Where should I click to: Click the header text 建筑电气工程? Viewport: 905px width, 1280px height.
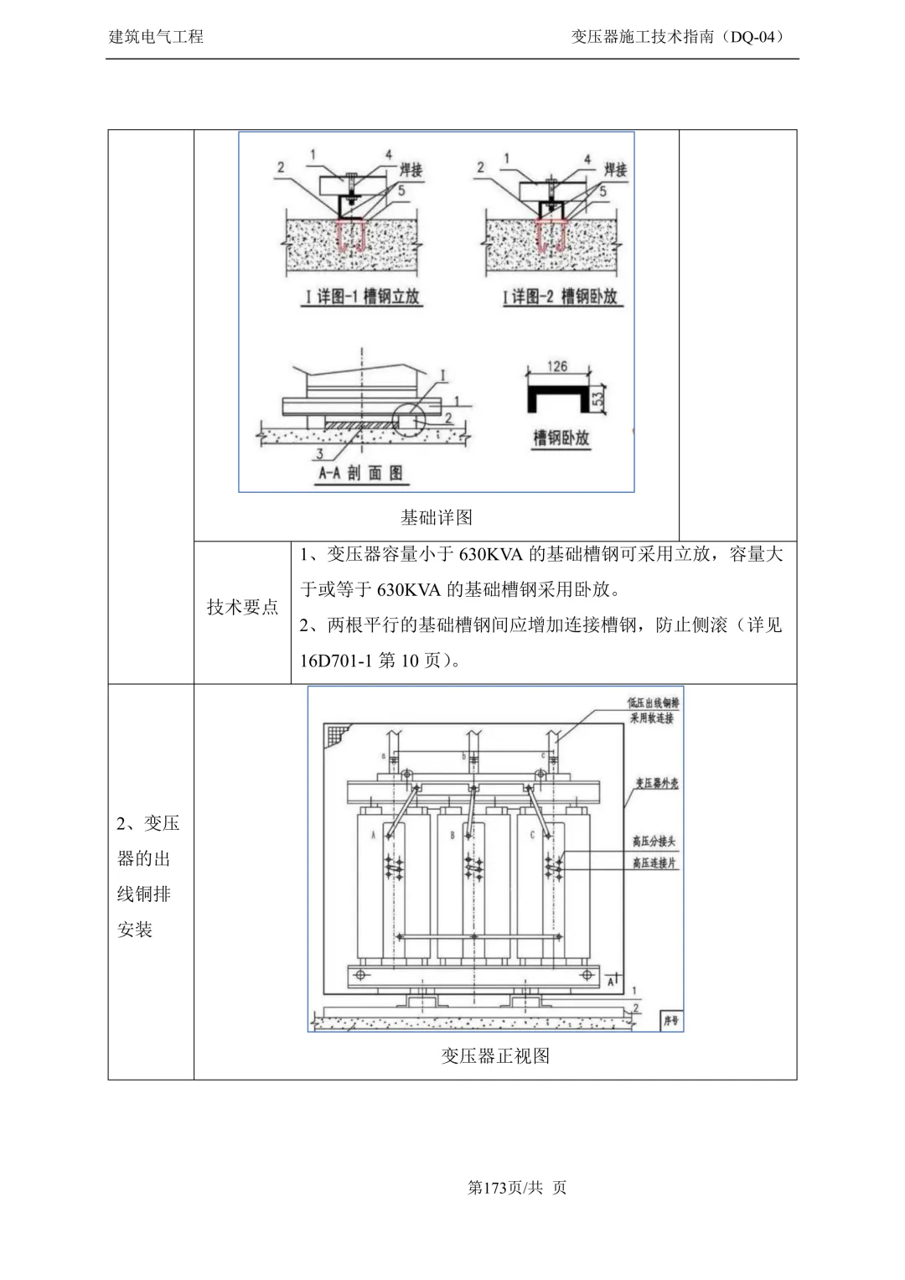pyautogui.click(x=156, y=37)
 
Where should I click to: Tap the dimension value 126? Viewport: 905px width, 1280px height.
pyautogui.click(x=557, y=366)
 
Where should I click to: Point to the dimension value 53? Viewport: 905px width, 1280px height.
pyautogui.click(x=597, y=399)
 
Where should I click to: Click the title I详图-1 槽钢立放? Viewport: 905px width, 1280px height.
pyautogui.click(x=362, y=296)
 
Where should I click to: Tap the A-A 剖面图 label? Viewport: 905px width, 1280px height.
pyautogui.click(x=361, y=473)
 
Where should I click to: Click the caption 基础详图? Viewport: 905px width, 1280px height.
pyautogui.click(x=437, y=517)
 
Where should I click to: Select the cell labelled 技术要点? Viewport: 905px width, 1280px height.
pyautogui.click(x=242, y=607)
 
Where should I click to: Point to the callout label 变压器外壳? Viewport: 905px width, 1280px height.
pyautogui.click(x=656, y=783)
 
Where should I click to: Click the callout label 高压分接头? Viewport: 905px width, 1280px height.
pyautogui.click(x=654, y=842)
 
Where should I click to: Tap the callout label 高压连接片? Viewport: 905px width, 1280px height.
pyautogui.click(x=654, y=863)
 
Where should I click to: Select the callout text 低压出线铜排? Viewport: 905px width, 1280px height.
pyautogui.click(x=654, y=703)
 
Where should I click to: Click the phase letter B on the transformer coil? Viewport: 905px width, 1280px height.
pyautogui.click(x=452, y=835)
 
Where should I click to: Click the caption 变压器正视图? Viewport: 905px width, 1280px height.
pyautogui.click(x=495, y=1056)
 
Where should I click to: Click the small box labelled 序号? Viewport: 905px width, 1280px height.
pyautogui.click(x=672, y=1021)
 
